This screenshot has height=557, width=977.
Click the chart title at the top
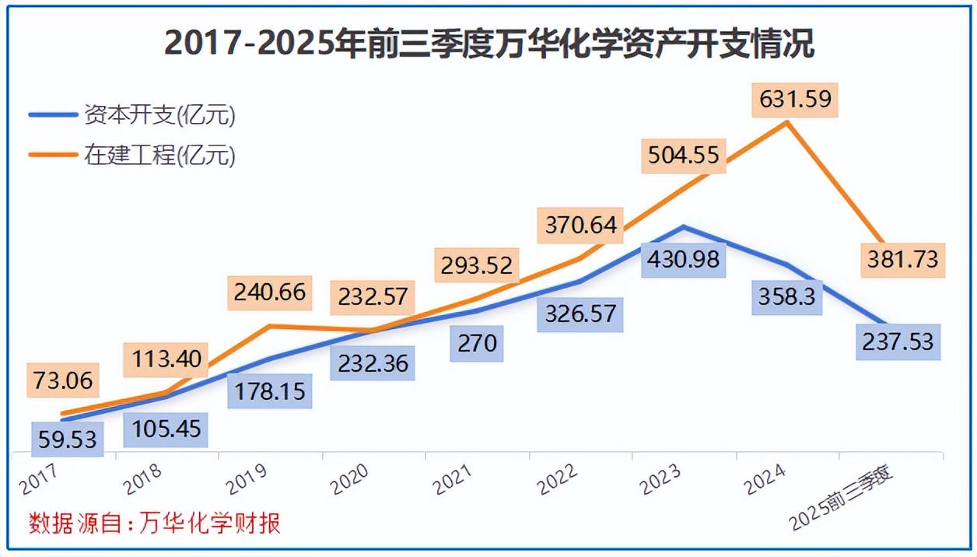[x=488, y=44]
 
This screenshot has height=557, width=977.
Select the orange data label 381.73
[x=902, y=258]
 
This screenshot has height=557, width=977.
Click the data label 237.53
[x=898, y=341]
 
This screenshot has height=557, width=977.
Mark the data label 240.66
[x=269, y=293]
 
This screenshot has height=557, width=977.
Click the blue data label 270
[x=477, y=342]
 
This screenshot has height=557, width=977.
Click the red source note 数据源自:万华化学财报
[x=154, y=523]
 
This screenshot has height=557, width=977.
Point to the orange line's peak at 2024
[x=788, y=122]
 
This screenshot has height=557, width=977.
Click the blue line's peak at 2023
[x=682, y=227]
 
